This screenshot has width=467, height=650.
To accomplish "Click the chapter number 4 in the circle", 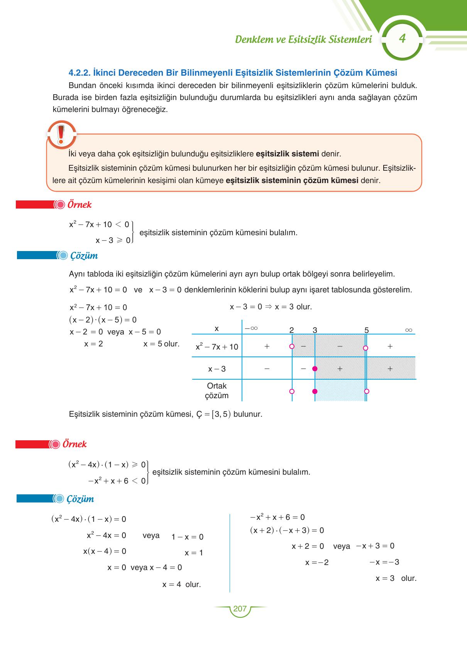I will click(402, 39).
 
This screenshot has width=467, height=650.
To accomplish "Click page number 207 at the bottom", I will click(240, 609).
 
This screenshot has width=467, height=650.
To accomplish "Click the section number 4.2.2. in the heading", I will click(80, 73).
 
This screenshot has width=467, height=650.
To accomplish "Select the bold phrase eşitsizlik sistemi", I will click(287, 154).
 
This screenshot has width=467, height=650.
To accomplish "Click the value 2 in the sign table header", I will click(291, 330).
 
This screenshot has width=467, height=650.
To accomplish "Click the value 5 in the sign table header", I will click(366, 330).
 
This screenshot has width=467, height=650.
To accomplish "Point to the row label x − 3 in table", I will click(217, 369).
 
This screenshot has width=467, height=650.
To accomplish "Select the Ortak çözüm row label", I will click(217, 390).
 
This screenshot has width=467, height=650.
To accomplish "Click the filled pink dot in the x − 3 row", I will click(315, 368).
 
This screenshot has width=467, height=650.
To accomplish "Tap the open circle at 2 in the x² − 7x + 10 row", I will click(292, 346).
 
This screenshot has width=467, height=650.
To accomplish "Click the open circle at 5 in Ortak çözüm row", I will click(367, 391).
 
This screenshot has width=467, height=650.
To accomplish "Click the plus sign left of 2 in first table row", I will click(267, 346).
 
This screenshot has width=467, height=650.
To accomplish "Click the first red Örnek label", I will click(79, 205).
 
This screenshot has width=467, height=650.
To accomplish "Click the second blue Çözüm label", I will click(80, 499).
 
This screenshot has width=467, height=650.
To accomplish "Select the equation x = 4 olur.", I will click(181, 584).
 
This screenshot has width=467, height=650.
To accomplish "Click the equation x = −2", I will click(317, 562).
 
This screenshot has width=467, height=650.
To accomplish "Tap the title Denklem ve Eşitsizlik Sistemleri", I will click(303, 39).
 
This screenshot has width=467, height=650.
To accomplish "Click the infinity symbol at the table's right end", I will click(409, 330).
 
